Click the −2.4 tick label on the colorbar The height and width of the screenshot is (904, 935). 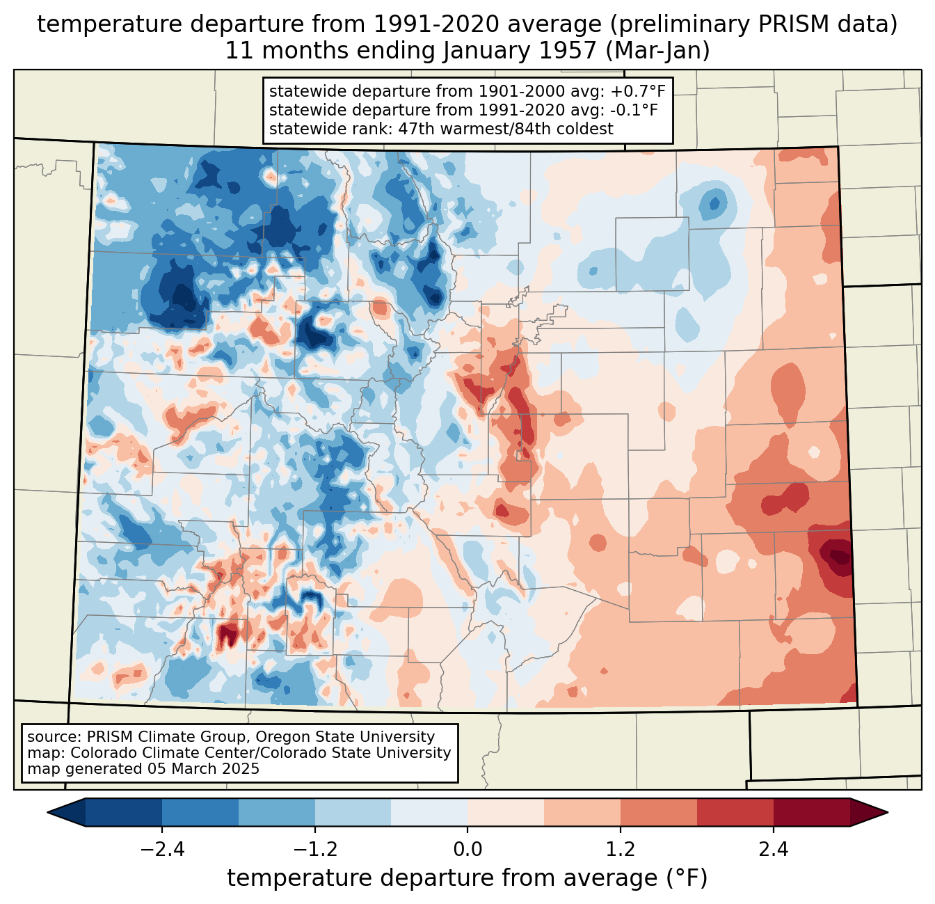point(162,850)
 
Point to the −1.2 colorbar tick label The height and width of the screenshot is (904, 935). point(315,850)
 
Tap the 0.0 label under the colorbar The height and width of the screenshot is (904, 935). point(467,850)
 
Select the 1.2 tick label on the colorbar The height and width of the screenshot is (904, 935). point(621,850)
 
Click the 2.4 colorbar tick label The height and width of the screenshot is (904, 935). point(774,850)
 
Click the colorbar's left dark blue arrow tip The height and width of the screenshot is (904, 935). point(47,813)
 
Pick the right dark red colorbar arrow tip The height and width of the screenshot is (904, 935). point(888,813)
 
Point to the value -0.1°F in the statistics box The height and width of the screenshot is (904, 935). point(634,110)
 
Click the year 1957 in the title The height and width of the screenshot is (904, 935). point(568,51)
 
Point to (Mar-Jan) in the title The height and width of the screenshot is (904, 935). point(657,51)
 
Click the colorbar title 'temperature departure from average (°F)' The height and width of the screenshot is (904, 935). point(467,878)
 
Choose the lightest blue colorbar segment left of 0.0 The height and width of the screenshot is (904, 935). point(429,813)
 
